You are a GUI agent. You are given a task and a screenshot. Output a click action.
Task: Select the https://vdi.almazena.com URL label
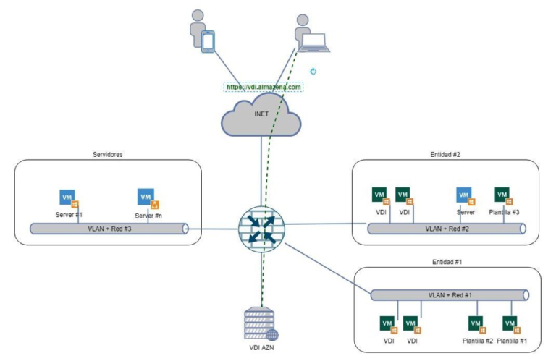263,86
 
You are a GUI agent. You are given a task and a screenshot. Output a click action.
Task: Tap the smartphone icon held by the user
208,41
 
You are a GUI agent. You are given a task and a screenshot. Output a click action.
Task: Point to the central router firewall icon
261,225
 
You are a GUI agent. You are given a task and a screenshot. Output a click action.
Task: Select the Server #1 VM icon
68,198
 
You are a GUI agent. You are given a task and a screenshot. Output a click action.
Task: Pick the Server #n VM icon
147,197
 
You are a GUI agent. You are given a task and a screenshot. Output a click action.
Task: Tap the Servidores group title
107,154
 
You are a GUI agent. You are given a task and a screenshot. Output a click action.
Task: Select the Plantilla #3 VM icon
502,195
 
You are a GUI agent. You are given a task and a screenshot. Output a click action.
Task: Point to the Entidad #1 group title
447,261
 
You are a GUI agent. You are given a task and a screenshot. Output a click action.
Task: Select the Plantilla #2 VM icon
476,323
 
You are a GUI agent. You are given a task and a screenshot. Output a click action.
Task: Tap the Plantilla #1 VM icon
510,323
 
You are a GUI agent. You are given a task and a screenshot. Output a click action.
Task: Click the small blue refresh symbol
313,72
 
